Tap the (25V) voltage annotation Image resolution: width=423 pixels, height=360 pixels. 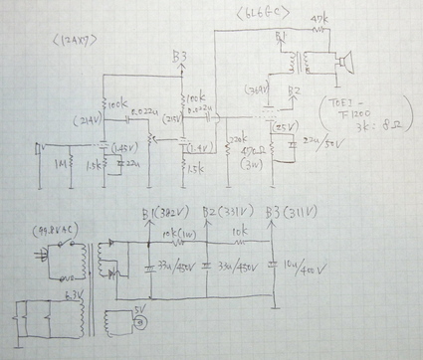click(x=284, y=126)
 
